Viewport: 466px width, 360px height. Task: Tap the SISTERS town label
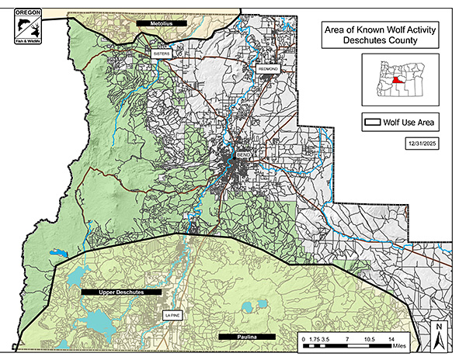coord(162,54)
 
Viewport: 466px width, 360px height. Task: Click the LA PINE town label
coord(170,316)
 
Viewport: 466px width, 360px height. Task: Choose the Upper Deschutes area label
coord(121,292)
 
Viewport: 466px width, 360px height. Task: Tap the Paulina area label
coord(248,337)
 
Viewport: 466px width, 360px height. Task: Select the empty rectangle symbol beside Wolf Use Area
coord(376,122)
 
